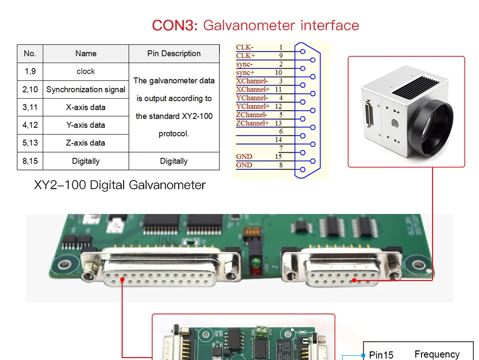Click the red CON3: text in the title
pyautogui.click(x=174, y=25)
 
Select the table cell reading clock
pyautogui.click(x=86, y=71)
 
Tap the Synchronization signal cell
pyautogui.click(x=86, y=90)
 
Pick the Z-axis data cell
pyautogui.click(x=86, y=143)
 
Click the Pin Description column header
pyautogui.click(x=174, y=54)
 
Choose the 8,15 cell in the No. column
pyautogui.click(x=30, y=161)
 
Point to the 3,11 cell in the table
pyautogui.click(x=30, y=107)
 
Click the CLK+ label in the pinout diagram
pyautogui.click(x=246, y=56)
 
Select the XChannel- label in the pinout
pyautogui.click(x=252, y=81)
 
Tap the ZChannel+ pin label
pyautogui.click(x=252, y=123)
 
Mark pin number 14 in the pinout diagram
pyautogui.click(x=278, y=140)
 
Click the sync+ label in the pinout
pyautogui.click(x=245, y=72)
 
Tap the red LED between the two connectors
pyautogui.click(x=255, y=272)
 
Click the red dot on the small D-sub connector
pyautogui.click(x=354, y=280)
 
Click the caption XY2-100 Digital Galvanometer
pyautogui.click(x=120, y=185)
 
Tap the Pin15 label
pyautogui.click(x=381, y=355)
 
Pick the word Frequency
pyautogui.click(x=437, y=354)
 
